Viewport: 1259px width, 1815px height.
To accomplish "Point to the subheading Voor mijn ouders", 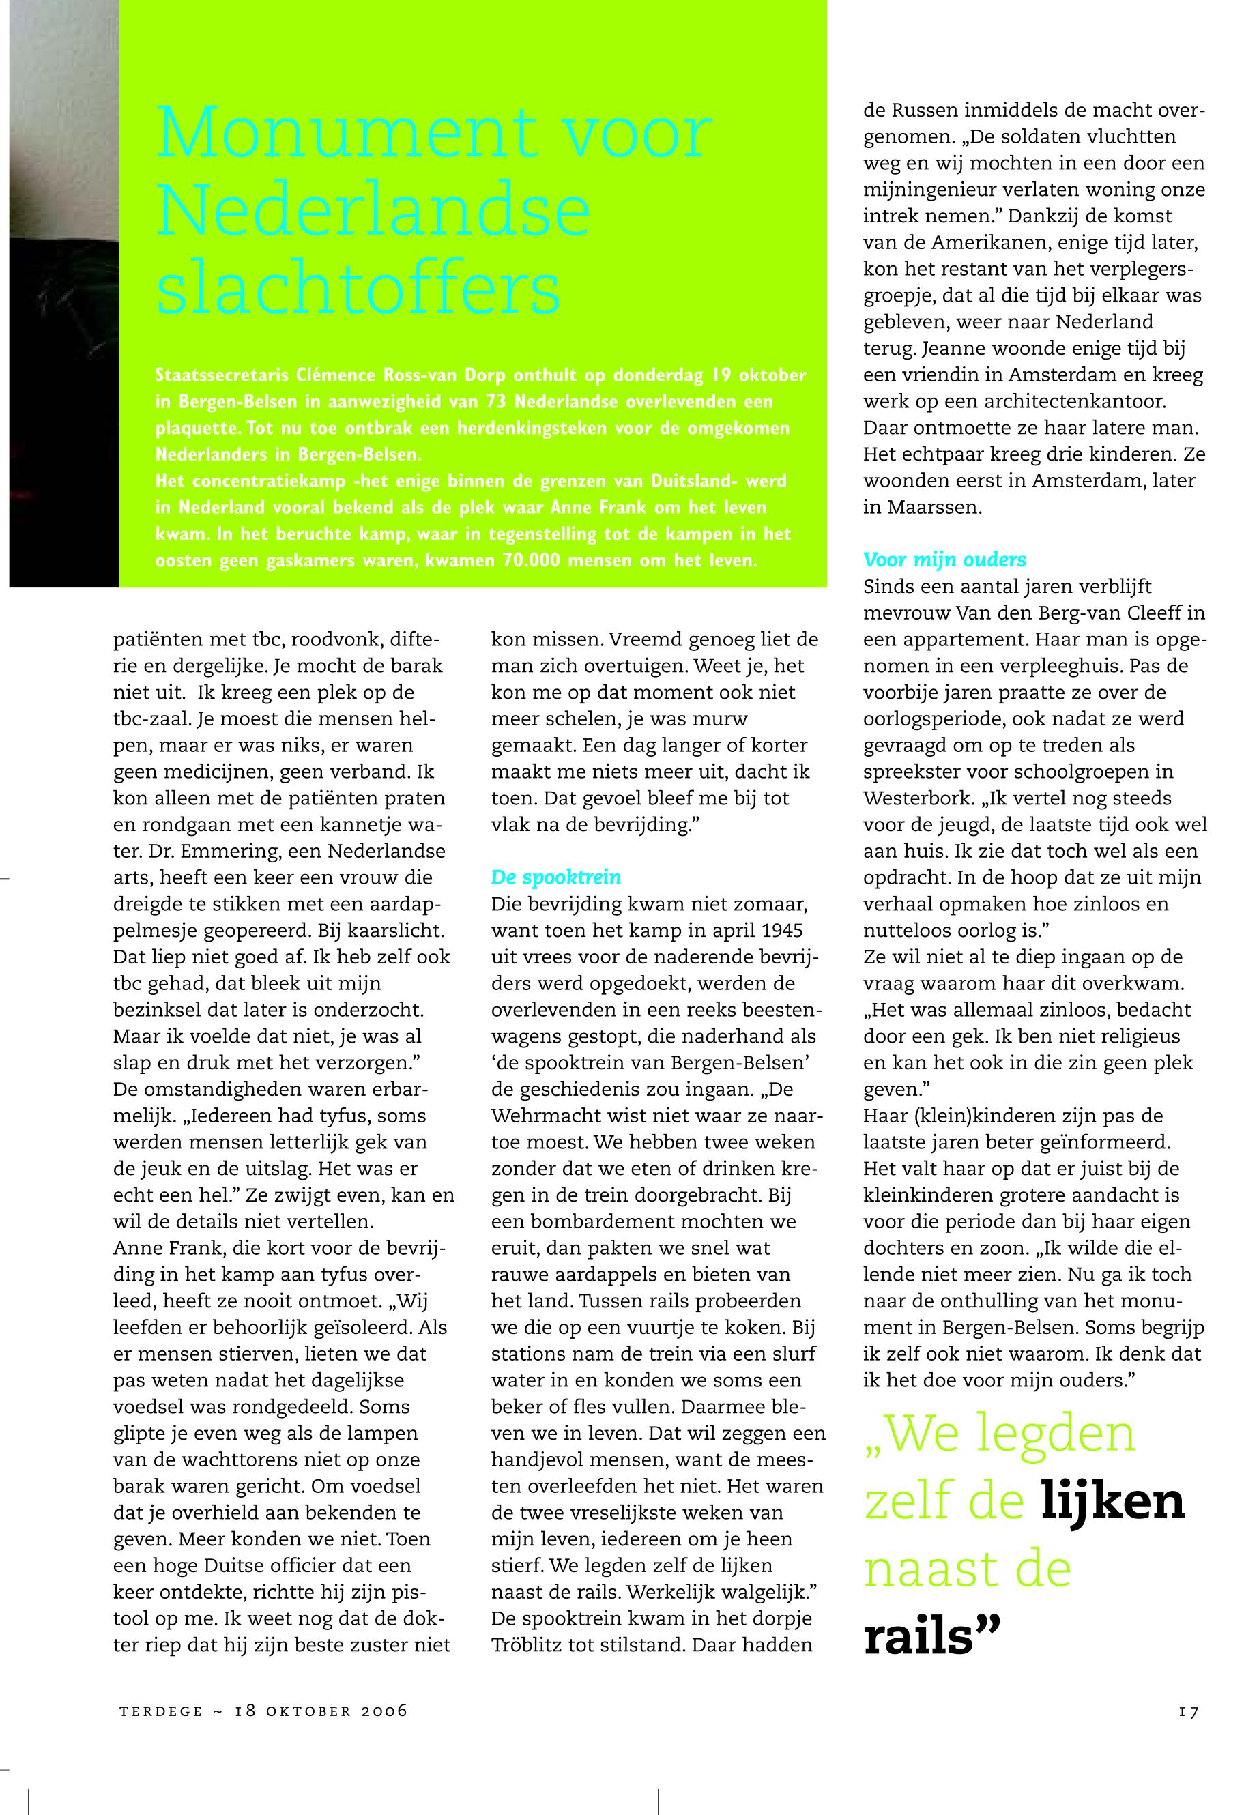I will [944, 560].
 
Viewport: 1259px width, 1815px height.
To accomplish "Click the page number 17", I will [1189, 1712].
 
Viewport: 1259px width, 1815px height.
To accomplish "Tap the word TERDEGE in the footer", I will [161, 1712].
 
